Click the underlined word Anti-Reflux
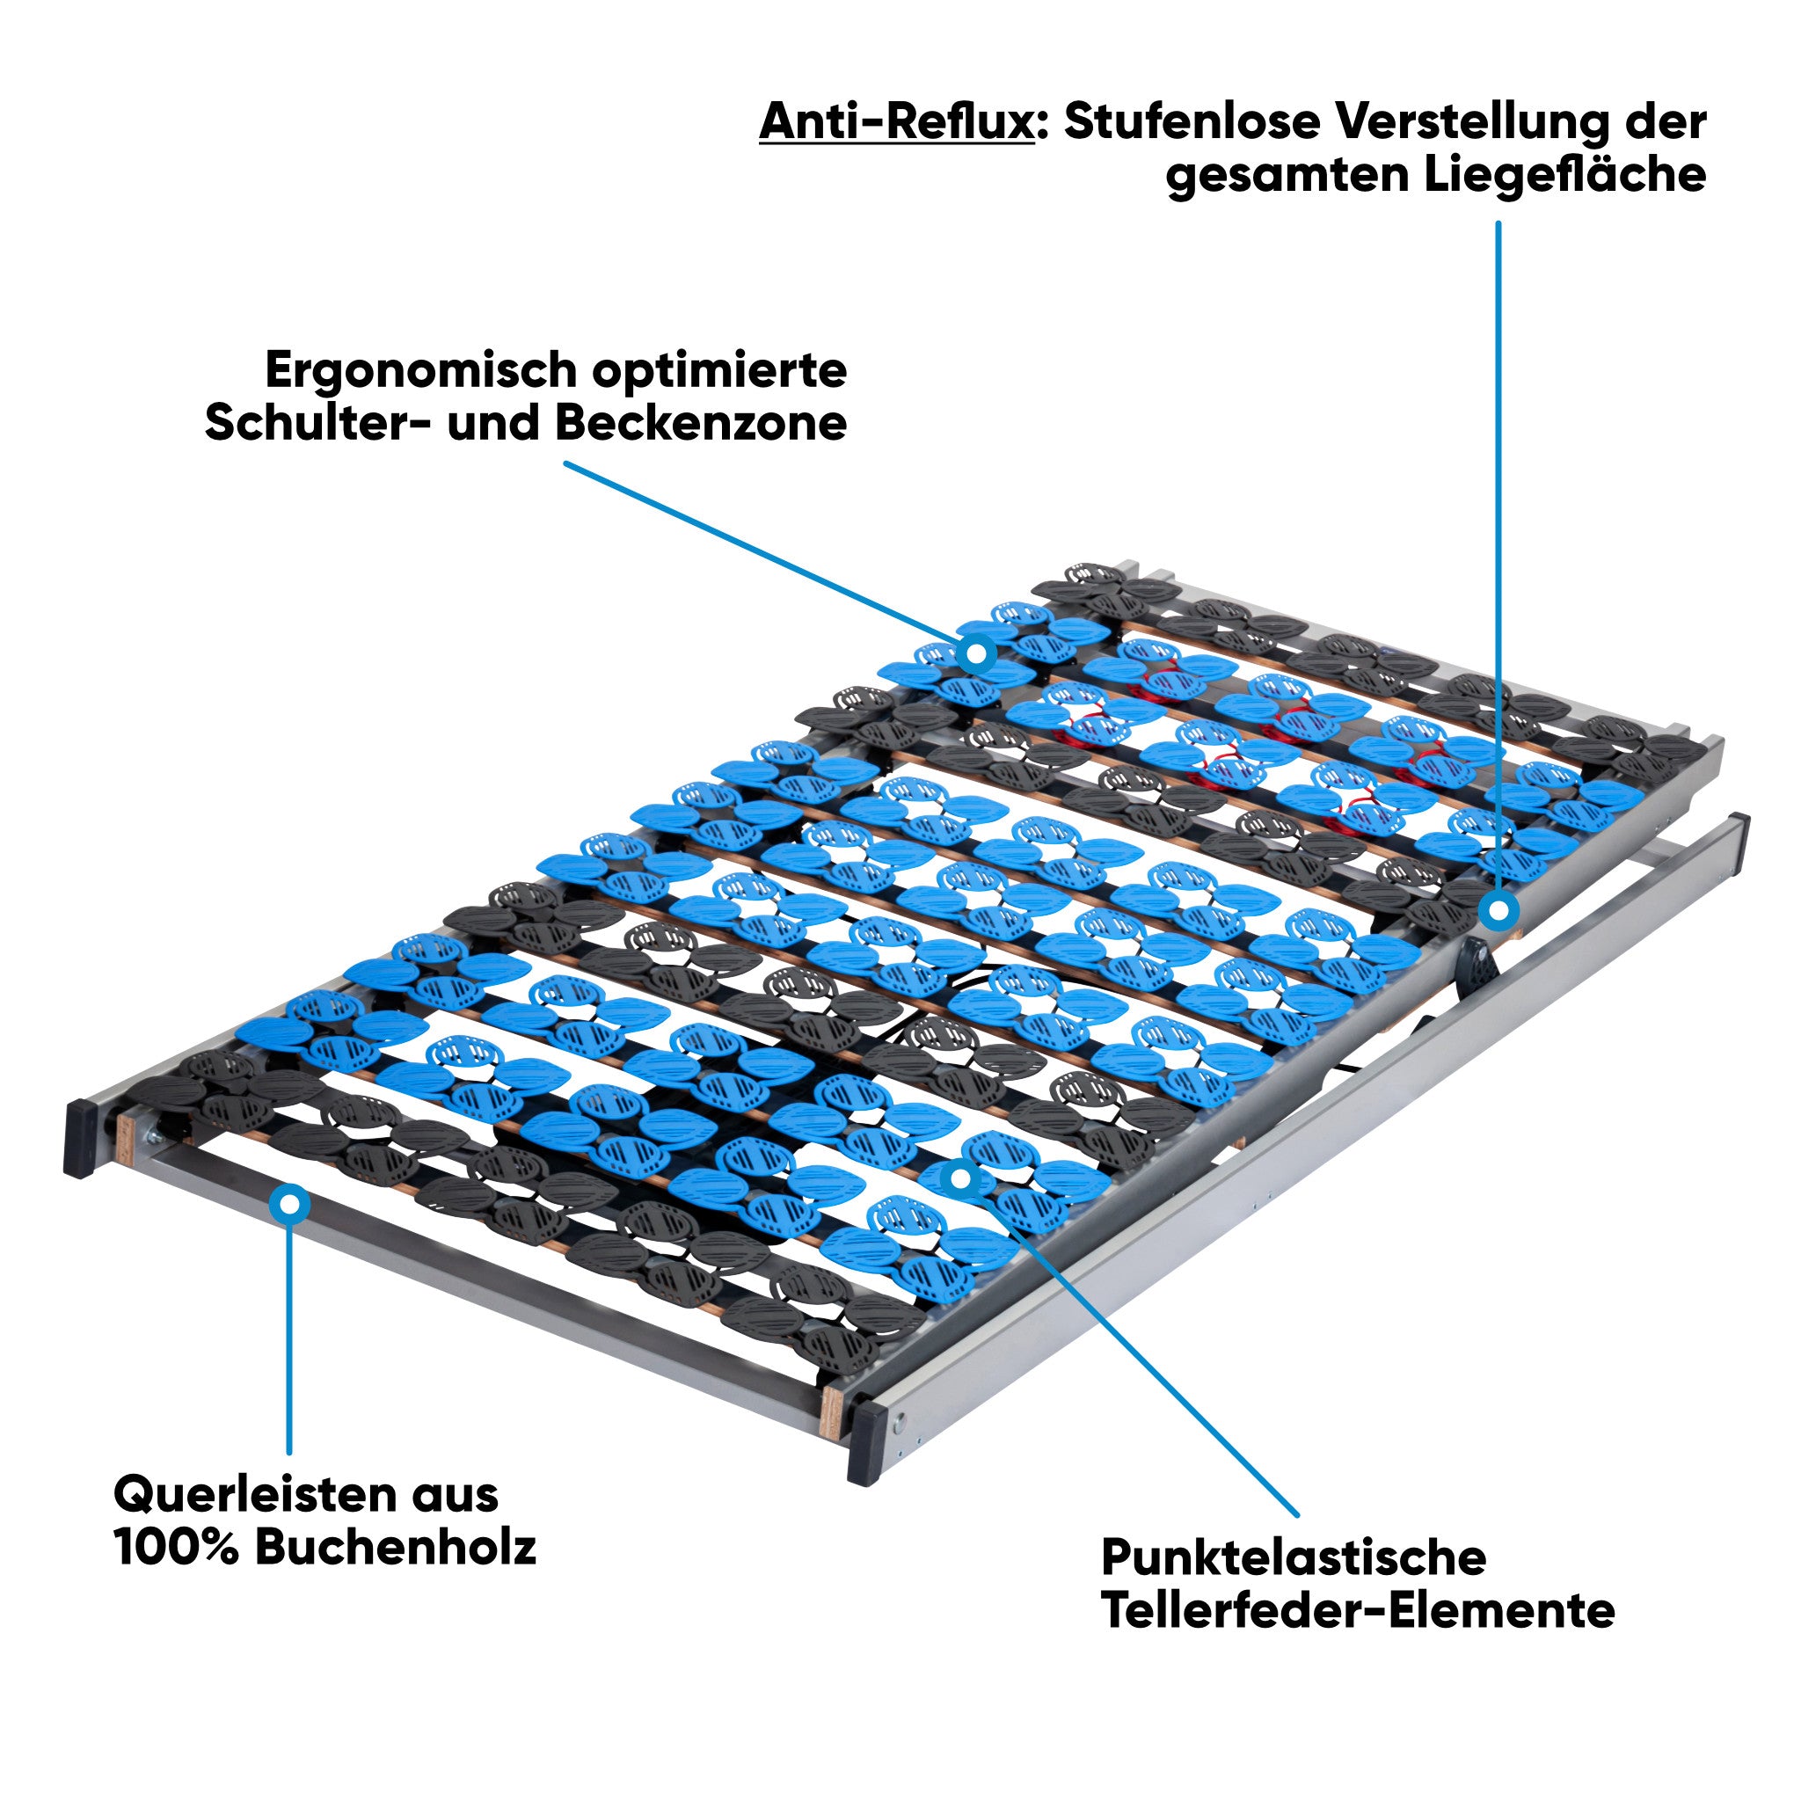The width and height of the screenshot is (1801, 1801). [x=896, y=122]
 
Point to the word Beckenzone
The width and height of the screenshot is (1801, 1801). [x=701, y=424]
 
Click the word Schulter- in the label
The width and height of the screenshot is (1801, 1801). [x=317, y=424]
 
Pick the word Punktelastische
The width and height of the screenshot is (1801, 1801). [x=1293, y=1557]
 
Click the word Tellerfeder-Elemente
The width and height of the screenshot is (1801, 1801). [x=1357, y=1611]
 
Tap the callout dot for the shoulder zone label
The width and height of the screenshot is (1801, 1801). [x=976, y=653]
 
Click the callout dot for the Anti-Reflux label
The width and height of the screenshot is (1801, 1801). [x=1498, y=911]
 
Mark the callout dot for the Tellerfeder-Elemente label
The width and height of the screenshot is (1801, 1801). [x=961, y=1178]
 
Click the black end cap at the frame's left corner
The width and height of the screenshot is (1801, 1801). [x=81, y=1137]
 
